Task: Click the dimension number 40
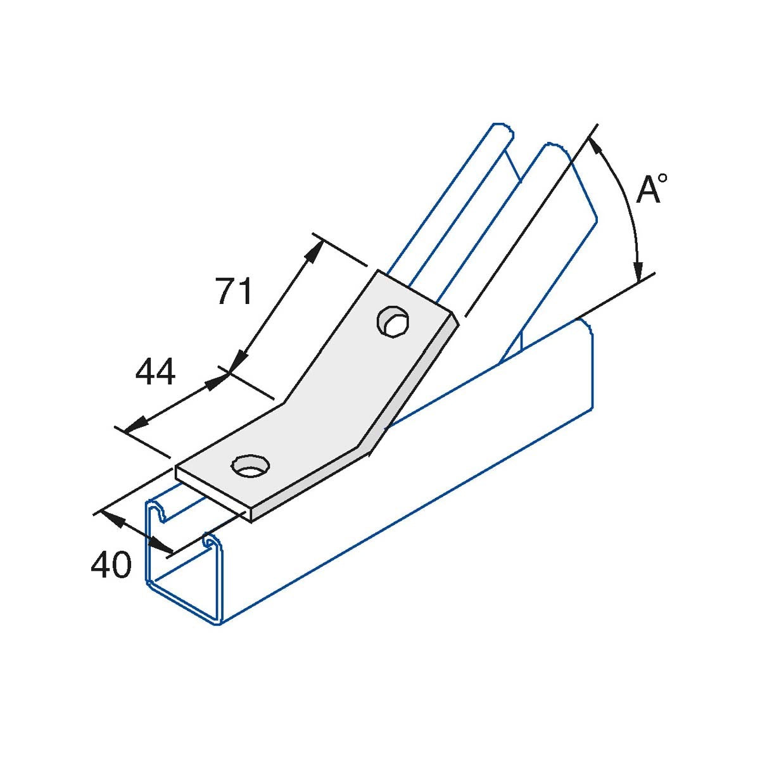click(111, 564)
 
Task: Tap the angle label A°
click(652, 189)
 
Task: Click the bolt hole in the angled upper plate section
click(393, 322)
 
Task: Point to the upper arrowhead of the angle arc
click(595, 146)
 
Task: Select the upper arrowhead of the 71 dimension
click(314, 251)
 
